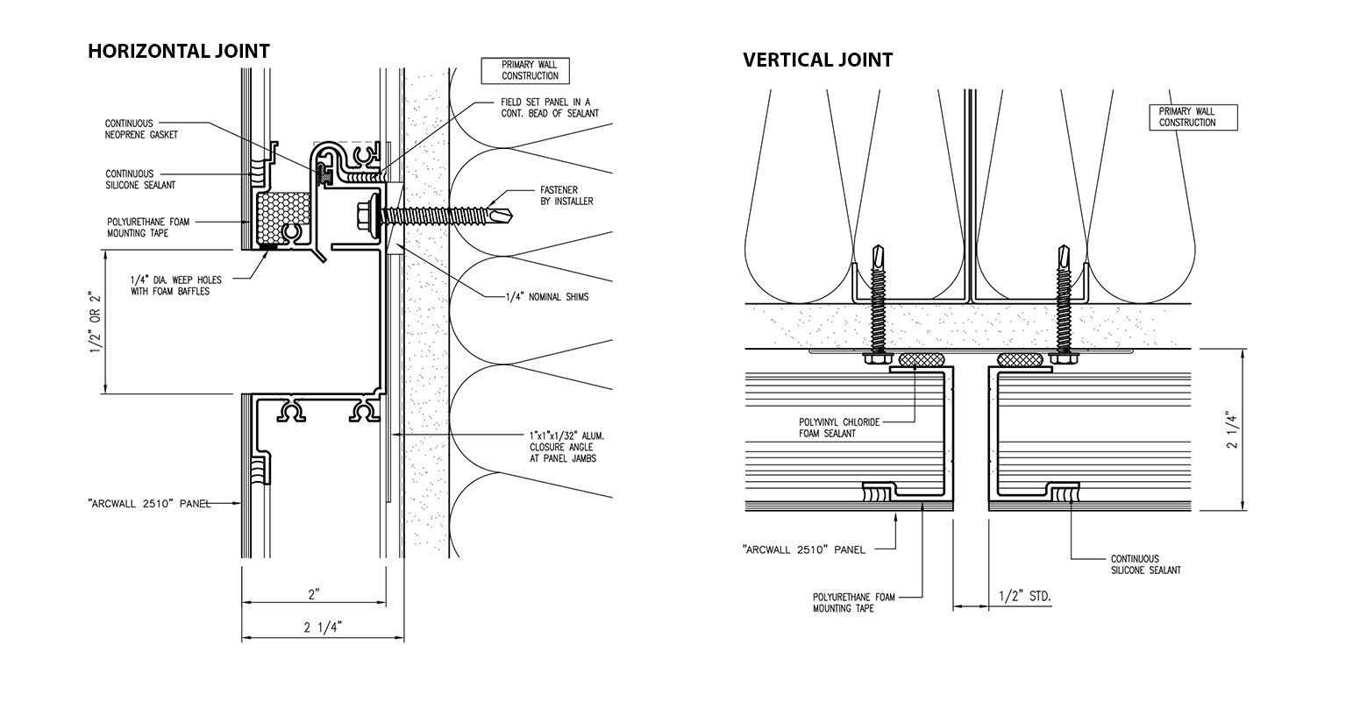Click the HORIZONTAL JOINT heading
179,51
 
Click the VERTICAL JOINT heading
817,60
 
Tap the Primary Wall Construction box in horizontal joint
525,71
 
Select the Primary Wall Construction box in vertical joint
1193,117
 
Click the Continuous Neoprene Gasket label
141,129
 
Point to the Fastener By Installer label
566,195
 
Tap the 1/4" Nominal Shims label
547,297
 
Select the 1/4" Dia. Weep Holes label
176,286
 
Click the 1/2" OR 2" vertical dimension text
96,322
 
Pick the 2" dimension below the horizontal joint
314,595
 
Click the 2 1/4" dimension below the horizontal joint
323,627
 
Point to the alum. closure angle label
566,447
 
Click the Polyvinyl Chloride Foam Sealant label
839,428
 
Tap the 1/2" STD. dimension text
1024,597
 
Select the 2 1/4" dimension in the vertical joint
1232,430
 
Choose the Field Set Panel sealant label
549,108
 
